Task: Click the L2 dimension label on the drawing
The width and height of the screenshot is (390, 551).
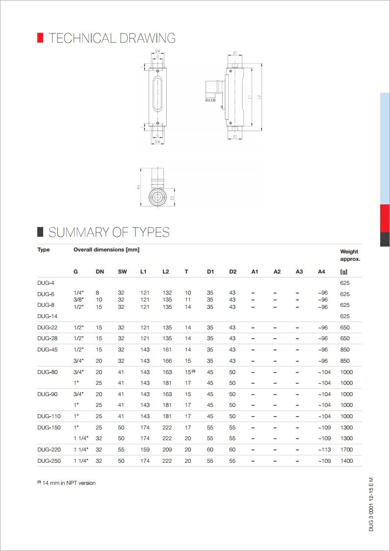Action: click(x=259, y=98)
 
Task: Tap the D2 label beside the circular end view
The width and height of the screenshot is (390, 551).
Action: click(x=172, y=198)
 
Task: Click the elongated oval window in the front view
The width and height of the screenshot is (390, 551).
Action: click(x=157, y=96)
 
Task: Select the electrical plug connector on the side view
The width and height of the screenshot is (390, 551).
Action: click(x=212, y=91)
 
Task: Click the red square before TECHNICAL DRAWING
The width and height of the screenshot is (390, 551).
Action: click(x=40, y=38)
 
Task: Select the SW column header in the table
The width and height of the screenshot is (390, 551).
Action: click(x=122, y=271)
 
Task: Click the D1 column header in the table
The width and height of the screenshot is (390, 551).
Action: click(x=210, y=271)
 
